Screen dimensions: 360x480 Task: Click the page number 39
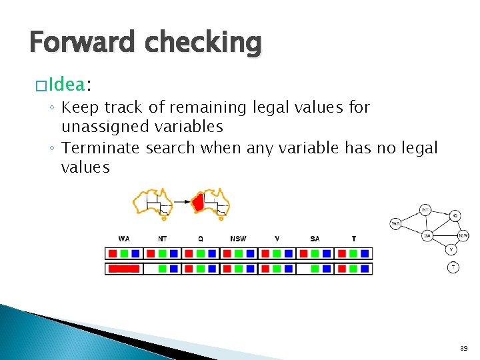[463, 348]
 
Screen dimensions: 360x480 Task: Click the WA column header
[124, 239]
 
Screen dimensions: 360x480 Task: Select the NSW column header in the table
[238, 239]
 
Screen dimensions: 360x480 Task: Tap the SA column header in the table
[315, 239]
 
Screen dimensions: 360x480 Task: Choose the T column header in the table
[353, 239]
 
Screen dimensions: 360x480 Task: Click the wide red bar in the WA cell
[124, 269]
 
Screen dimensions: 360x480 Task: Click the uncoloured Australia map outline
[153, 203]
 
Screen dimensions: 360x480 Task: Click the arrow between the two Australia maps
[179, 200]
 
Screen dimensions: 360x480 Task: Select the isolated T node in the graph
[453, 267]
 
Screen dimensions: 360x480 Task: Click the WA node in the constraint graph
[395, 223]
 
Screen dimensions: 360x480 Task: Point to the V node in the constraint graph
[451, 249]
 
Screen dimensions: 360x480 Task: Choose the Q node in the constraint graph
[454, 215]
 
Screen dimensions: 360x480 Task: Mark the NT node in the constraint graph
[425, 210]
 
